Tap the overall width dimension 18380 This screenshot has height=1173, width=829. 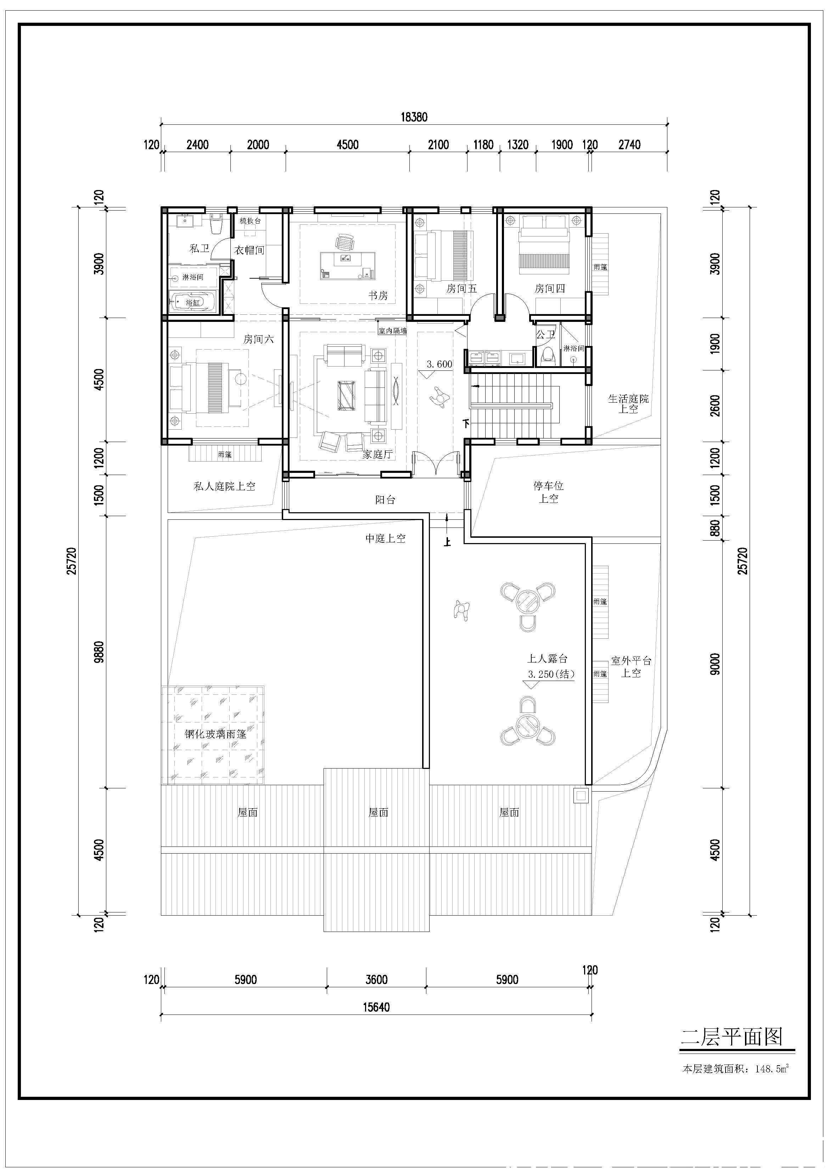[x=414, y=117]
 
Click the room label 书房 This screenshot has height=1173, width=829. [x=378, y=295]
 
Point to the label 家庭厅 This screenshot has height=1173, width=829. [x=377, y=454]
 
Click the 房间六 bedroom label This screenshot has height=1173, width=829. [x=258, y=339]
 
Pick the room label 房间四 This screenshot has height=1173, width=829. [x=550, y=289]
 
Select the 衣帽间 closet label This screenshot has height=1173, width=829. [x=249, y=250]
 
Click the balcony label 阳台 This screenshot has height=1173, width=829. [x=385, y=499]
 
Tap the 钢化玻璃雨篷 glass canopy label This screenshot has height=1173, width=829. [x=215, y=734]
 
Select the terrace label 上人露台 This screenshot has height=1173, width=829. [x=548, y=659]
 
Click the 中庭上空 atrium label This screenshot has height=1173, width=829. [x=385, y=538]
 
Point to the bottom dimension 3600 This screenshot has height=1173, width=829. [x=376, y=979]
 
